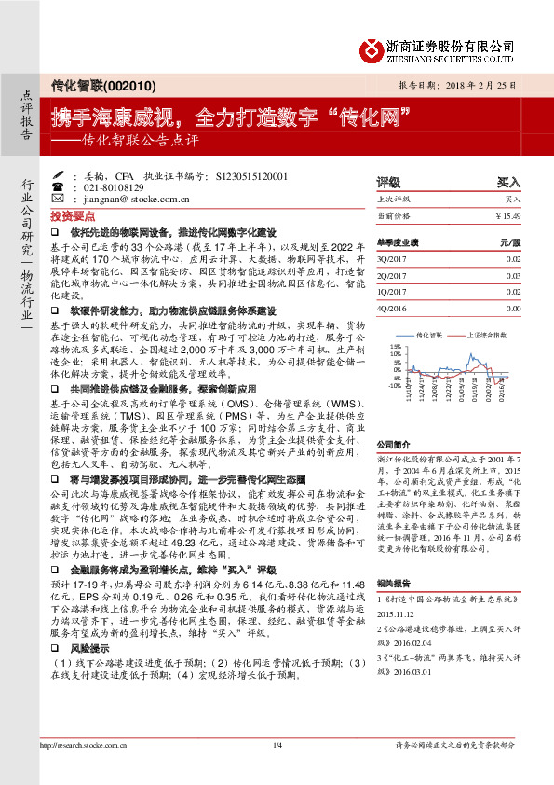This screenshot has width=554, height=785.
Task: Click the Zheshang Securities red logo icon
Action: (373, 47)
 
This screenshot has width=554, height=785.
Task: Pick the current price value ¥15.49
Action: (507, 215)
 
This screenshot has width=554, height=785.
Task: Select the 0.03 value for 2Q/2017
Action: (513, 276)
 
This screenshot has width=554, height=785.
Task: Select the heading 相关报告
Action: (393, 582)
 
